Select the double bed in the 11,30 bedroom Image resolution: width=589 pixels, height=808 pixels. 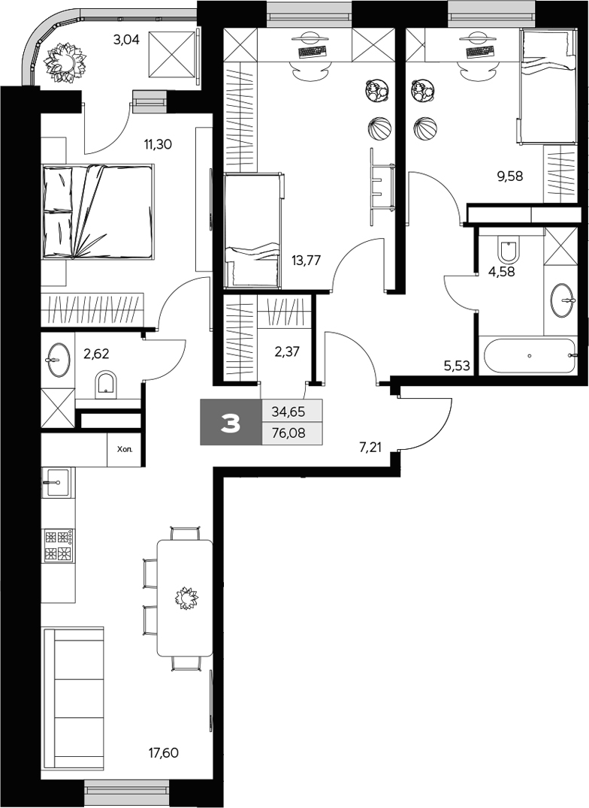(98, 212)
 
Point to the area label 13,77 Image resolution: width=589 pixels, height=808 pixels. (307, 261)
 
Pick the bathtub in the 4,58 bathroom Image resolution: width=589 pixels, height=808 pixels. (530, 356)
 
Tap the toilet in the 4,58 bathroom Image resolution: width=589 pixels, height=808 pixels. (509, 249)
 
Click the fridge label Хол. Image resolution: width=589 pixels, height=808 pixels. (125, 451)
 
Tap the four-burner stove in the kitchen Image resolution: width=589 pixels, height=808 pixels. (59, 546)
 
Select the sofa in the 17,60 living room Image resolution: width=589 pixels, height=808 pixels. (73, 699)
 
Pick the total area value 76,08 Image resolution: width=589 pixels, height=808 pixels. (291, 434)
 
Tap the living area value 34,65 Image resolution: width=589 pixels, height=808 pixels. (291, 411)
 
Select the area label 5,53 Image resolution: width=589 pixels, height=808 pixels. (458, 366)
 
